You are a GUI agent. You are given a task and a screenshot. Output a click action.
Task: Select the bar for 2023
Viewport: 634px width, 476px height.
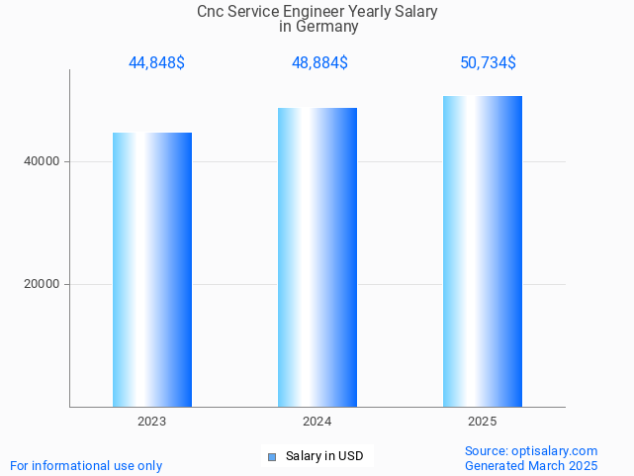(152, 269)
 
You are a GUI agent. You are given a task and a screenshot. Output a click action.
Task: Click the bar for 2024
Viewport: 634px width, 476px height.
(317, 257)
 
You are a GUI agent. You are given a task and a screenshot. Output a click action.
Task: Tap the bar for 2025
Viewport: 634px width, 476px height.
(482, 251)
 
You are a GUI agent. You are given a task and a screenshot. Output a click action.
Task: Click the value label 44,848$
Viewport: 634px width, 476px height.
(156, 63)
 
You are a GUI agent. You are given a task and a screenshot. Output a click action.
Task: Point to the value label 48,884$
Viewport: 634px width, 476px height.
(319, 63)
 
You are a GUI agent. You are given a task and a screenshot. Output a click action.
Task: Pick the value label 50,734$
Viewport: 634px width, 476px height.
(488, 63)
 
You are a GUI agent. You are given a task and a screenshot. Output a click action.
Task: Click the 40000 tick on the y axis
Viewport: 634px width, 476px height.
(41, 161)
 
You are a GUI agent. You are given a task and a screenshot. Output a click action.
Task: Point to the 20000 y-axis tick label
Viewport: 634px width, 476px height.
(41, 284)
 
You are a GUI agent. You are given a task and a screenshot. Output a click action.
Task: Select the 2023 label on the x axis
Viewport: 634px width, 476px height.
(152, 422)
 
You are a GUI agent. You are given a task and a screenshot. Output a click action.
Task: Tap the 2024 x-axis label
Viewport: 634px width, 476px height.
(317, 422)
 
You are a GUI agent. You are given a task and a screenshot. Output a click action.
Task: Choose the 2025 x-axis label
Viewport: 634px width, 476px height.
(482, 422)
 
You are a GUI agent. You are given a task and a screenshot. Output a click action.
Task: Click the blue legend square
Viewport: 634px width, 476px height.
(272, 456)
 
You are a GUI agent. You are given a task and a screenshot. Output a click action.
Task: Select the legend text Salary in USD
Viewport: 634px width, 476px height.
(324, 456)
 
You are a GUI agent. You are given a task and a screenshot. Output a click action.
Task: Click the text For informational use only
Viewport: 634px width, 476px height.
(86, 465)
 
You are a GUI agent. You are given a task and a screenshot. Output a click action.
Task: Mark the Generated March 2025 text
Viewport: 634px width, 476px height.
(531, 465)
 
